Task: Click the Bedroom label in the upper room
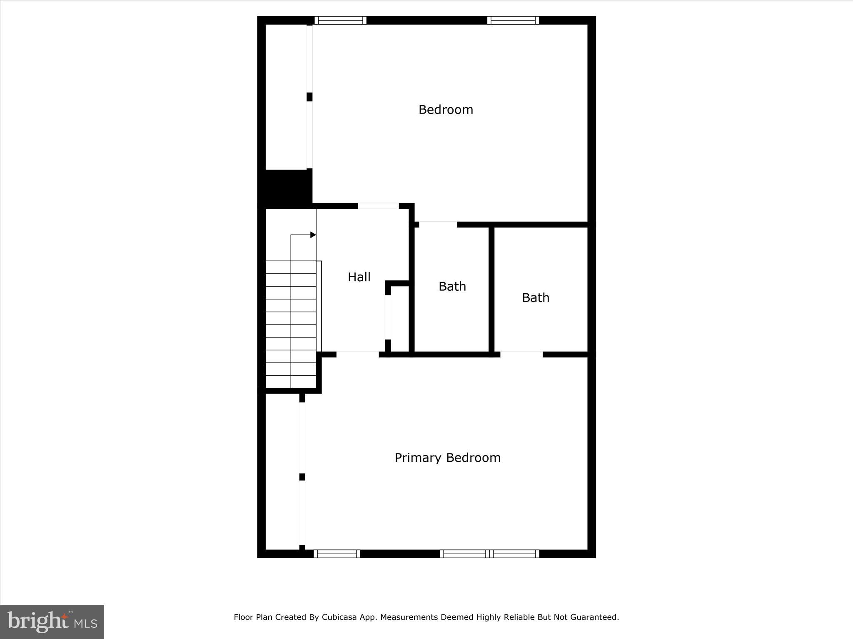(x=446, y=110)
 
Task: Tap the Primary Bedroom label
(x=447, y=458)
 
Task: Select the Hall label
(x=359, y=277)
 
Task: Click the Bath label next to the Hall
(x=452, y=287)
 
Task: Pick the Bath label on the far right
(x=536, y=298)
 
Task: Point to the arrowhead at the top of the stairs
(x=313, y=235)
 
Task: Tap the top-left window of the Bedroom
(x=340, y=20)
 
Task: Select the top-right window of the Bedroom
(x=513, y=20)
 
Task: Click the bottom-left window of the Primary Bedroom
(x=337, y=554)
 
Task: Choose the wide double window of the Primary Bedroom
(x=489, y=554)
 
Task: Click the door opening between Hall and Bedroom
(x=378, y=206)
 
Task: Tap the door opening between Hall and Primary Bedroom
(x=357, y=354)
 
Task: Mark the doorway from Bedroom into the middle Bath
(x=438, y=225)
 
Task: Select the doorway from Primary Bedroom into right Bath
(x=521, y=354)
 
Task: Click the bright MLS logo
(x=52, y=622)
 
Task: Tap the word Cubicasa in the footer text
(x=339, y=617)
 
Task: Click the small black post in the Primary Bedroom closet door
(x=302, y=477)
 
